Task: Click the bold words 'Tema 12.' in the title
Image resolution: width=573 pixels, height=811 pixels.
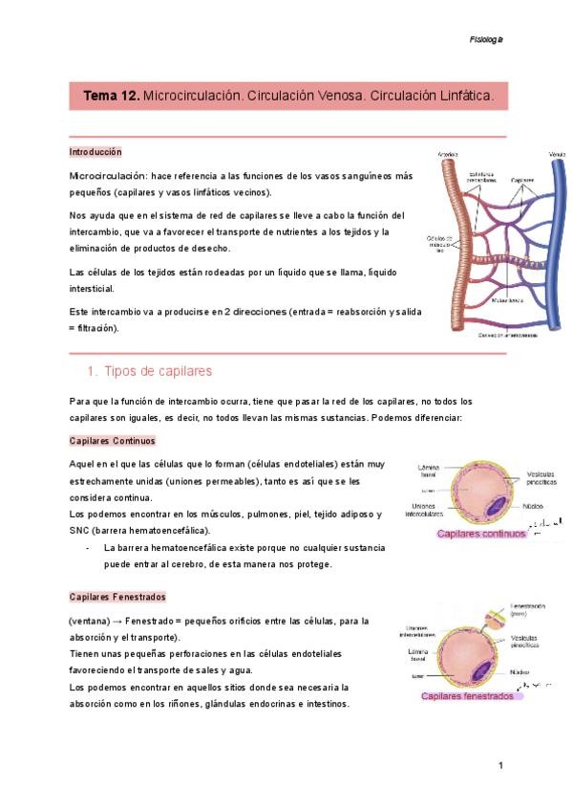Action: (112, 97)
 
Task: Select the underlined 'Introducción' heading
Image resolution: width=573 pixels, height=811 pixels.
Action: (95, 153)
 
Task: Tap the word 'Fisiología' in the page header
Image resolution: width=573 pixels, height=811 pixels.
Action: (486, 40)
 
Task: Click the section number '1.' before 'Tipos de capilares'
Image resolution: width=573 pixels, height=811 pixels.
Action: (93, 371)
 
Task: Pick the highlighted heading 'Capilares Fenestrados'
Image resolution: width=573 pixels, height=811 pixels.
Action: (117, 597)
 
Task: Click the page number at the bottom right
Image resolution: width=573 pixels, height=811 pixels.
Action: (499, 766)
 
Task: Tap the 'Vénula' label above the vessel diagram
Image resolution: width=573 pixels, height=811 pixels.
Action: (557, 154)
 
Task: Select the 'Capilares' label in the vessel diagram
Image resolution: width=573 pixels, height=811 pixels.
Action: (522, 179)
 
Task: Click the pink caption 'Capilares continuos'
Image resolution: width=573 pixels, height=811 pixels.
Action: (481, 535)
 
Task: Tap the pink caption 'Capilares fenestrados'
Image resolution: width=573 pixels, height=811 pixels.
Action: (467, 696)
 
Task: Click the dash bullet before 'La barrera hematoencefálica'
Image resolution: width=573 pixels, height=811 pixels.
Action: (89, 548)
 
